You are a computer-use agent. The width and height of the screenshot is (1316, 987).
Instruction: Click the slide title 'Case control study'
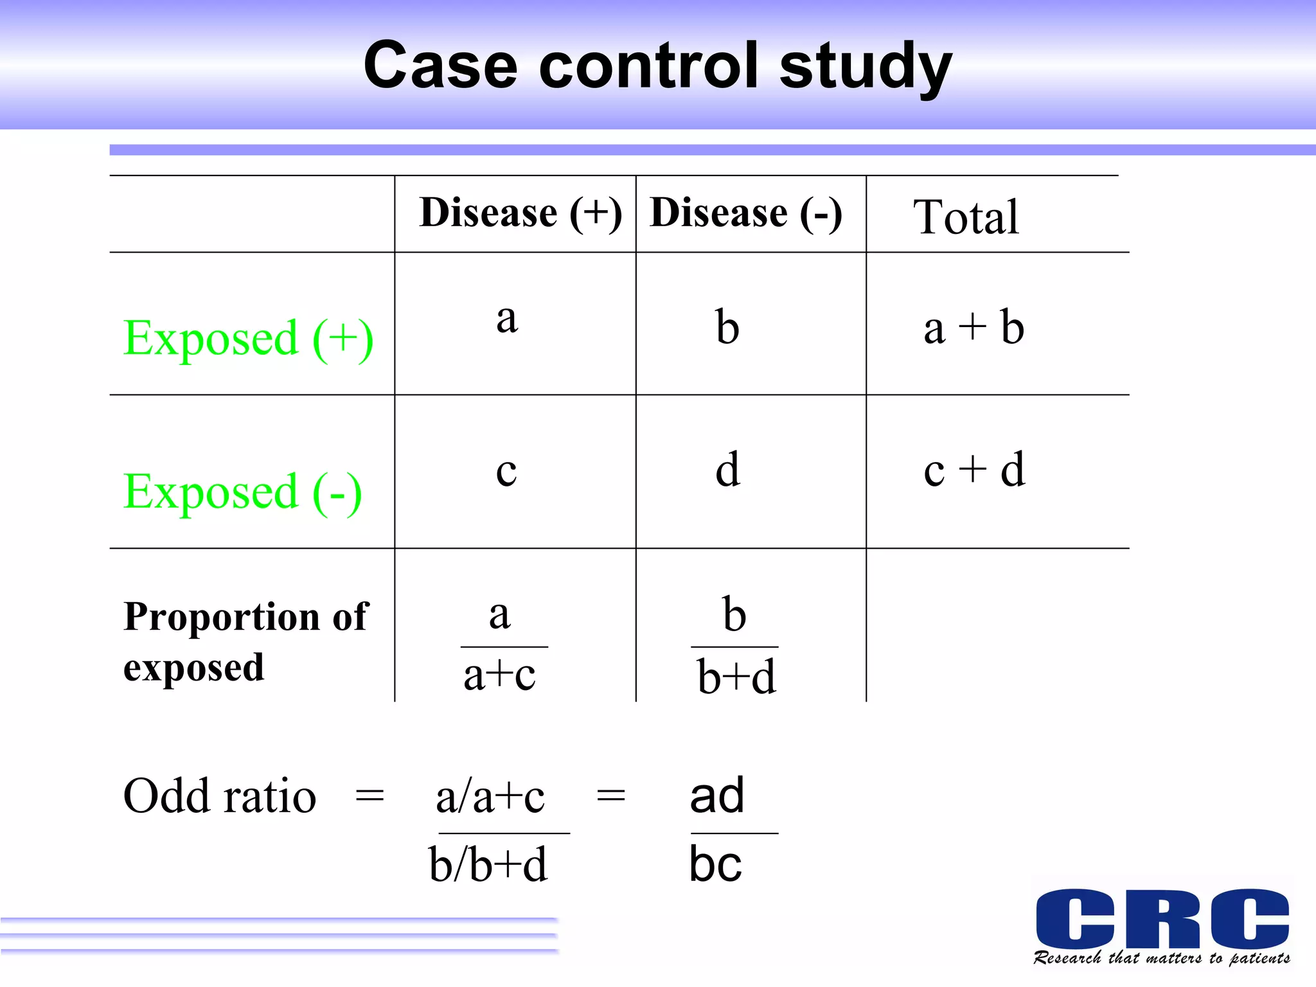point(657,66)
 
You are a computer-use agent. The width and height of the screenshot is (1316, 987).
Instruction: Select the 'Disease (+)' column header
point(520,213)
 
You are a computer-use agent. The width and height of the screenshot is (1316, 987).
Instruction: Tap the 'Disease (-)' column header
point(746,213)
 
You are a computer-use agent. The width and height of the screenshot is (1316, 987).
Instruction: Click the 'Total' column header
point(966,217)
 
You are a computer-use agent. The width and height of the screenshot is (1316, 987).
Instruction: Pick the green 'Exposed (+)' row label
point(248,339)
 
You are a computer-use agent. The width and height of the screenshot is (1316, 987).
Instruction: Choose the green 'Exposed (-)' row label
point(243,492)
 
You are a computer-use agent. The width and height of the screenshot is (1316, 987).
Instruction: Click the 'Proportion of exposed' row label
point(245,641)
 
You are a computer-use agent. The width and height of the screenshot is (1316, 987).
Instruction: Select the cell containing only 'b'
point(727,327)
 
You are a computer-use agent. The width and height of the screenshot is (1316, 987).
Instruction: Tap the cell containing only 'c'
point(506,472)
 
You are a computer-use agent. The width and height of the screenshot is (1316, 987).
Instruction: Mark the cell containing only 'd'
point(728,470)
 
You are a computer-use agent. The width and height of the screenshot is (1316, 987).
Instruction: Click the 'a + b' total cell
point(974,328)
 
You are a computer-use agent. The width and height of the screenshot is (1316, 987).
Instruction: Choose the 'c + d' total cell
point(974,470)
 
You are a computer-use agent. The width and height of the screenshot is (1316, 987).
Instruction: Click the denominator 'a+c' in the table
point(499,675)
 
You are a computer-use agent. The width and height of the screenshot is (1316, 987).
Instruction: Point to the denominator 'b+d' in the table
point(736,677)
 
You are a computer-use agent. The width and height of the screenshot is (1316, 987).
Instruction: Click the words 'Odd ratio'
point(220,797)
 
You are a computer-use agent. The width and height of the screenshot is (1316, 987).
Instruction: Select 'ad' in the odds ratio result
point(717,796)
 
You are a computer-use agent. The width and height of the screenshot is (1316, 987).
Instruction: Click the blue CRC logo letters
point(1162,918)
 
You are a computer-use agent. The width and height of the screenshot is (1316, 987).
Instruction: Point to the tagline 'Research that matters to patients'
point(1162,958)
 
